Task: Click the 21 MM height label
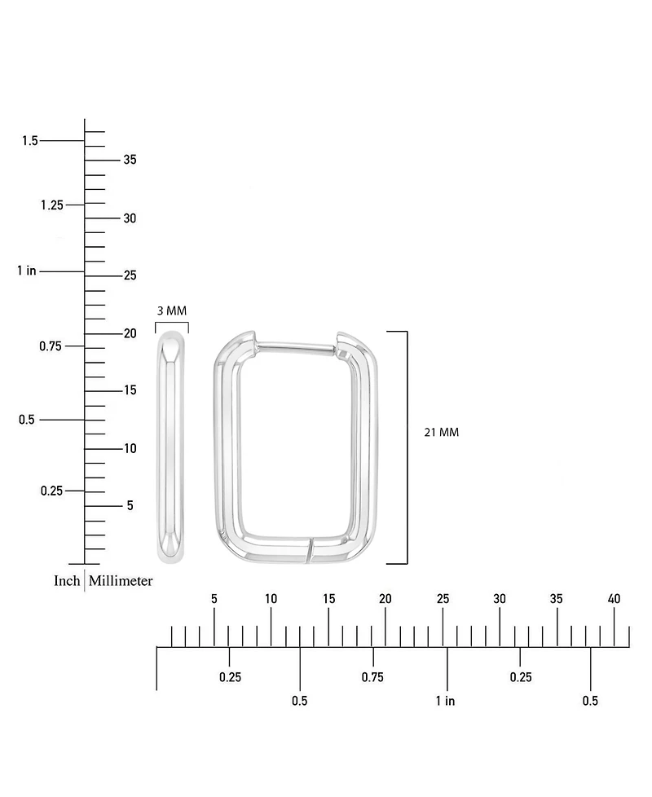click(441, 432)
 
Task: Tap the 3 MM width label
click(172, 310)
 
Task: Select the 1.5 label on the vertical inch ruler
click(30, 141)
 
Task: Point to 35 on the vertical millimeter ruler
click(130, 160)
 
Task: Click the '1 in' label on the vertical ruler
click(27, 271)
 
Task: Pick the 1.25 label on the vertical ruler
click(52, 205)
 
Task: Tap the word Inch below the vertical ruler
click(67, 580)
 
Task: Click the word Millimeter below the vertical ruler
click(121, 580)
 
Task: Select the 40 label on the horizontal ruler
click(614, 599)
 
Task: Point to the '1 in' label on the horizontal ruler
click(445, 701)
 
